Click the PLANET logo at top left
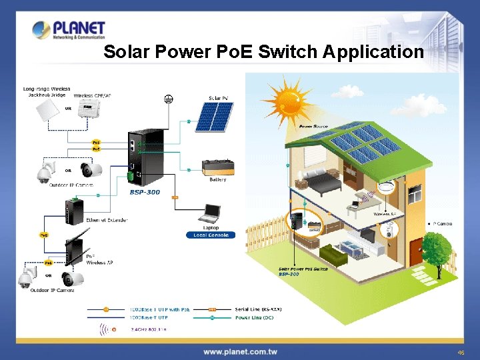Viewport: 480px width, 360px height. point(69,31)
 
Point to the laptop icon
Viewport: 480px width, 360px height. point(211,214)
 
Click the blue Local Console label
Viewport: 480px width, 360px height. point(211,235)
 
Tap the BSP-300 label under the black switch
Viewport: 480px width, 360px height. point(145,192)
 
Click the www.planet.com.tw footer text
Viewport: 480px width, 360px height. point(240,351)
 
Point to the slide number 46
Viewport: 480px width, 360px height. point(460,352)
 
